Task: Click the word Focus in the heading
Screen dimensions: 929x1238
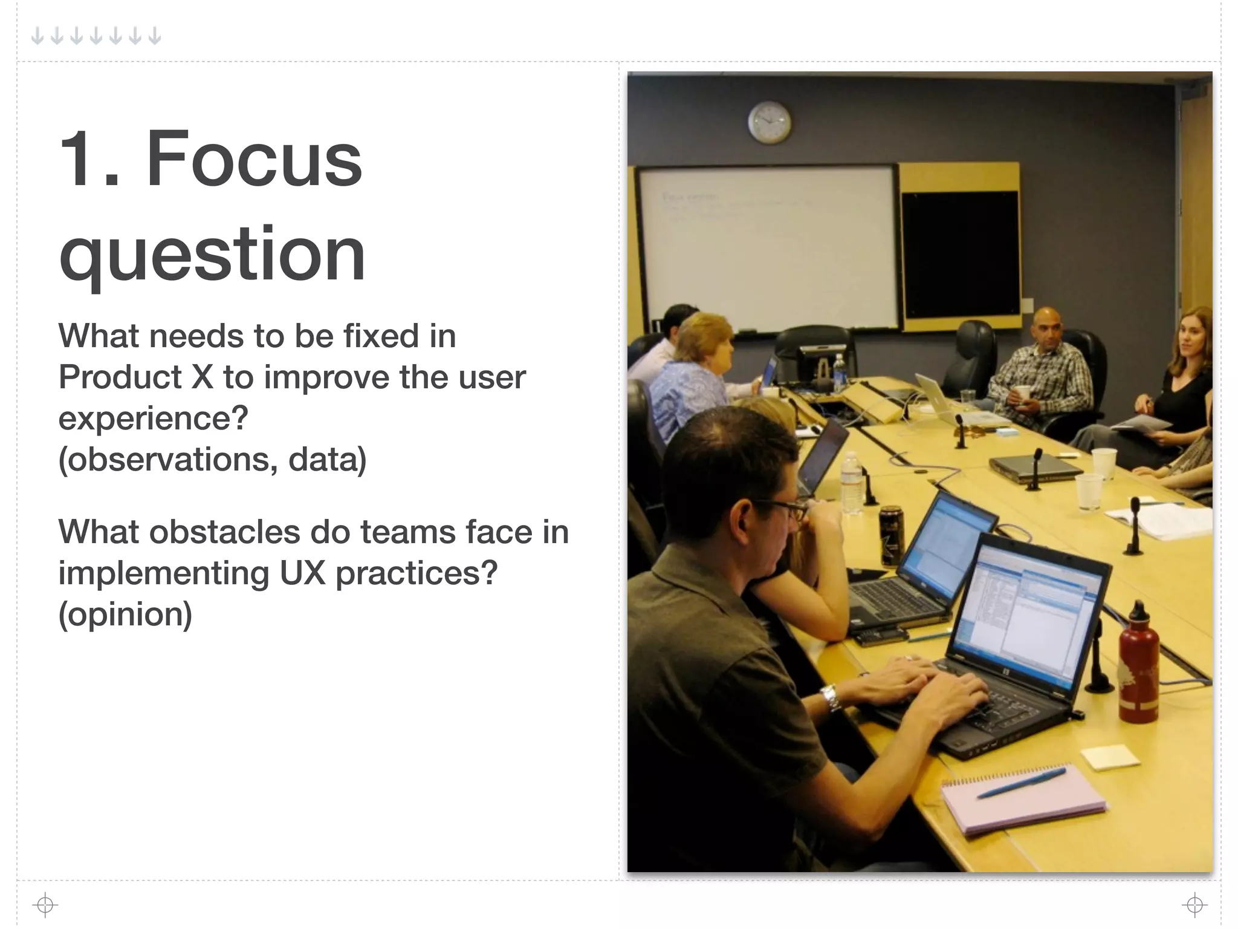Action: pos(254,158)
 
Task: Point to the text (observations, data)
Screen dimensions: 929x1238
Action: pos(212,460)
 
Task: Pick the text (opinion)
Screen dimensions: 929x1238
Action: pos(125,614)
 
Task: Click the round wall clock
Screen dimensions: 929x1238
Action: pos(769,122)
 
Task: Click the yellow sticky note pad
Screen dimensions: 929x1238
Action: pos(1109,757)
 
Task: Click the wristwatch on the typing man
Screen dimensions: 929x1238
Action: pos(831,697)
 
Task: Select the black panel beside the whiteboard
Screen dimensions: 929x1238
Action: pos(960,254)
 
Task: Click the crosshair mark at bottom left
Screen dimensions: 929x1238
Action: pos(45,905)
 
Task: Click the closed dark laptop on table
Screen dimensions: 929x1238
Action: pos(1035,468)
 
